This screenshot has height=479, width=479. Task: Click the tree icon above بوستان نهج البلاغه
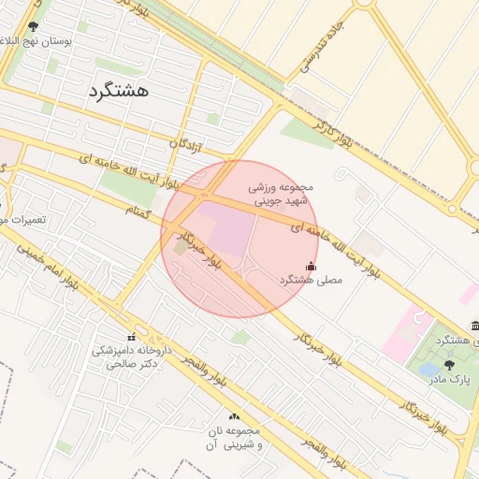[34, 27]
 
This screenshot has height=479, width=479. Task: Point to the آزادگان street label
[185, 143]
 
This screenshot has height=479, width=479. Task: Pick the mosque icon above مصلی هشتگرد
[312, 266]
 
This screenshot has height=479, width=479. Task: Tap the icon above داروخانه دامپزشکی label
[131, 337]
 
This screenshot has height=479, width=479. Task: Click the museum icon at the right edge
[475, 325]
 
